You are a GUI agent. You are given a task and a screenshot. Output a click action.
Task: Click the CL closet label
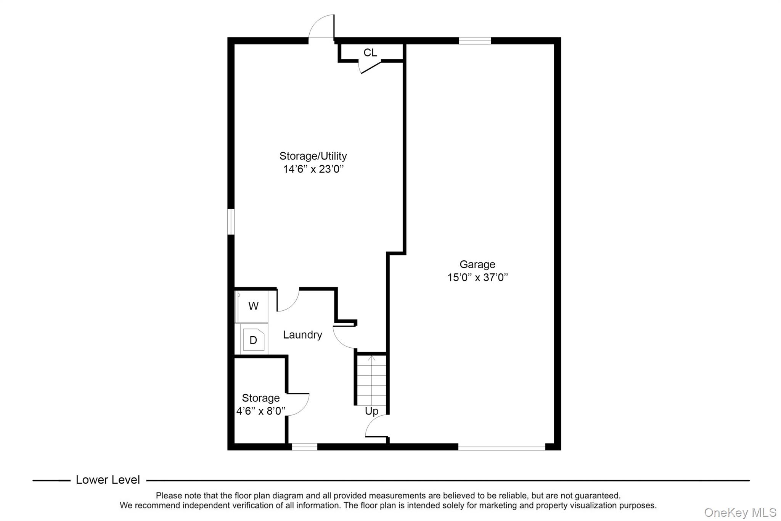[370, 53]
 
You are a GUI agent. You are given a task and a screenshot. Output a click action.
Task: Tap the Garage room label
[477, 264]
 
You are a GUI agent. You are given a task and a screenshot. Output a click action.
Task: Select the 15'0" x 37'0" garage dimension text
[477, 277]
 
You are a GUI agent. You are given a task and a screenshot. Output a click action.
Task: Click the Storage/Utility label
[313, 156]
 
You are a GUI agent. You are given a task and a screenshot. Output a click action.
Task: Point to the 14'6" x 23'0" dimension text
[313, 169]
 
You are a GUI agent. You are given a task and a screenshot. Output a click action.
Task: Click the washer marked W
[253, 306]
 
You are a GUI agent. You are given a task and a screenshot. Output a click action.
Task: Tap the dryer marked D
[254, 340]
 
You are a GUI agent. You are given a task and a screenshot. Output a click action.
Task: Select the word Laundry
[302, 335]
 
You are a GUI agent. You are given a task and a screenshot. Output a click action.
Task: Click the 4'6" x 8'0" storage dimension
[260, 411]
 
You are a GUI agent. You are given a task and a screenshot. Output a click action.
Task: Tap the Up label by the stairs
[371, 411]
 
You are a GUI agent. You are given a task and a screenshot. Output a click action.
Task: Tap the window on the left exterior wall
[231, 221]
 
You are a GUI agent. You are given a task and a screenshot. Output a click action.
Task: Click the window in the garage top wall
[474, 41]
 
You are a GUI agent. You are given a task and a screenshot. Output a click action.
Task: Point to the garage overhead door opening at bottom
[501, 447]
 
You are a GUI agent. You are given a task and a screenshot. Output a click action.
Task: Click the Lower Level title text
[108, 480]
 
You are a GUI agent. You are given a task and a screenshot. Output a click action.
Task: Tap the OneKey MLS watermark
[740, 512]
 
